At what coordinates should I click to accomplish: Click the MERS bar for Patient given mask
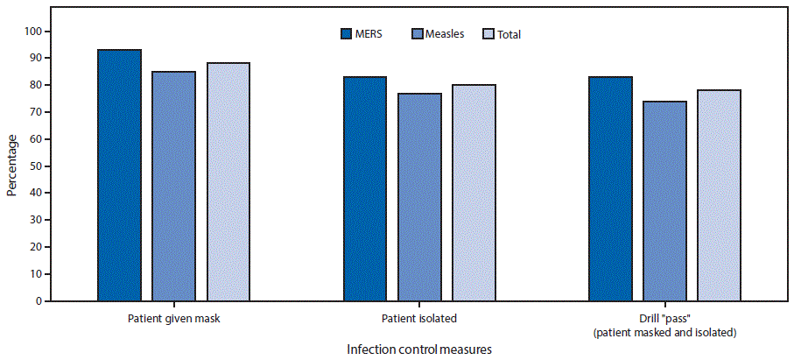tap(119, 175)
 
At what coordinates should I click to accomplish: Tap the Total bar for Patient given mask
tap(228, 181)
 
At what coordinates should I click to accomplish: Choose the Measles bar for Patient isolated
tap(419, 196)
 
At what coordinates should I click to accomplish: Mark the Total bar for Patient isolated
tap(474, 193)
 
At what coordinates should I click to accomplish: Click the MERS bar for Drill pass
tap(610, 188)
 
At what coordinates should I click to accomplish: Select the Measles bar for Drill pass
tap(664, 201)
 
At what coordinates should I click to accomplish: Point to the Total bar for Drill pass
tap(719, 195)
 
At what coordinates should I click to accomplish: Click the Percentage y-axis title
tap(12, 166)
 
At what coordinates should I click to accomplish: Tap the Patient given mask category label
tap(173, 318)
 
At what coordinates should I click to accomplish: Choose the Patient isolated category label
tap(419, 318)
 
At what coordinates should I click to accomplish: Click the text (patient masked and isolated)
tap(664, 332)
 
